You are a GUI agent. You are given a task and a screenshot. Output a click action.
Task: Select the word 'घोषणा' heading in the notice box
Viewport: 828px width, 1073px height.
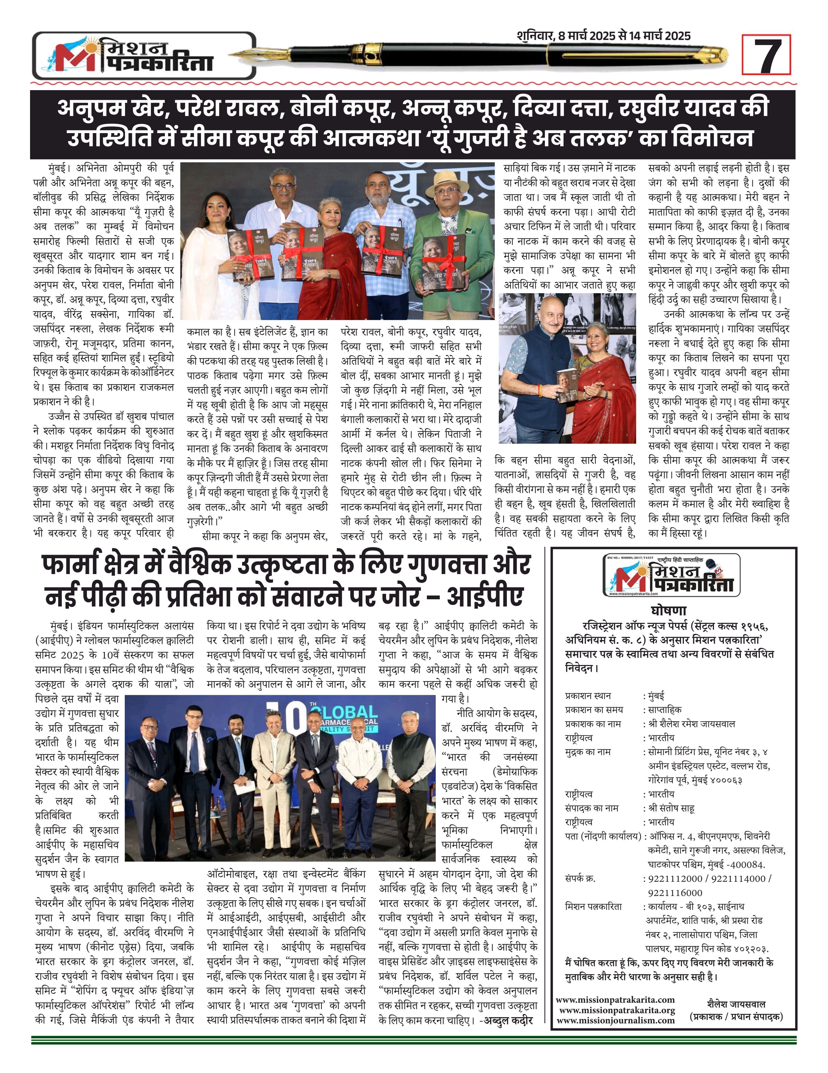pyautogui.click(x=668, y=611)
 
